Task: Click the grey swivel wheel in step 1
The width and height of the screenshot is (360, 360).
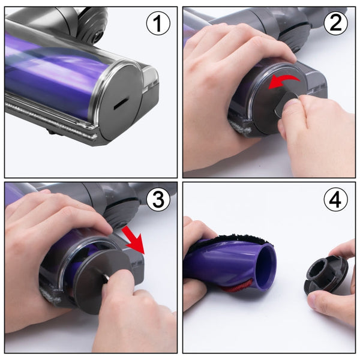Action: [94, 30]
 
